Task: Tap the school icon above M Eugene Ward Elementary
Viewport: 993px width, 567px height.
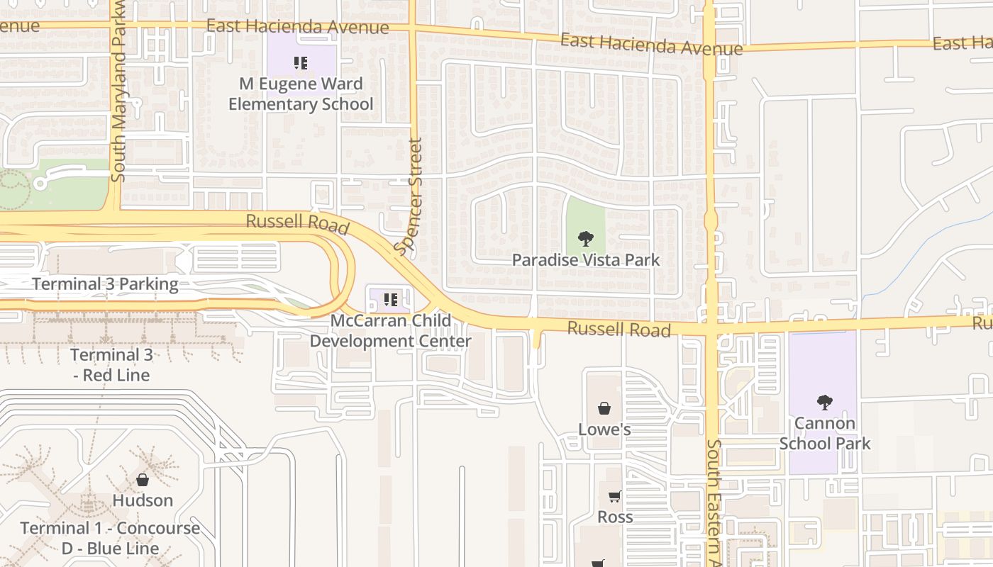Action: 301,63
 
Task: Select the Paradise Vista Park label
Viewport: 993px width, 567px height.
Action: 586,260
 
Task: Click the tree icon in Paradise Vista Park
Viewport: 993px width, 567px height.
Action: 585,239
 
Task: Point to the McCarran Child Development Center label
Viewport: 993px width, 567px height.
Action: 391,331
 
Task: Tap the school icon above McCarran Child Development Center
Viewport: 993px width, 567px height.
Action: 390,300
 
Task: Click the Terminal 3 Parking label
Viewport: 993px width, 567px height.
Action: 105,284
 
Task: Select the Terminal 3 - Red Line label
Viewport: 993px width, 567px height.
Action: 111,365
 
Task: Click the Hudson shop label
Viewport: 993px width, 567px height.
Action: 143,500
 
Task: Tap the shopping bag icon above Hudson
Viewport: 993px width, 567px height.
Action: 143,480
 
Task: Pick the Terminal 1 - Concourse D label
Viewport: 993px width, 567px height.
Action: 110,538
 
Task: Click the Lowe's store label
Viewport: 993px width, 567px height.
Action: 604,430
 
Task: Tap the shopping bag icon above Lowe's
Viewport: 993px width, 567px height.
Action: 604,408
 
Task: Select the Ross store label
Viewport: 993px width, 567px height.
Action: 615,517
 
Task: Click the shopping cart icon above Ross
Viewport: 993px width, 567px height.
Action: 615,496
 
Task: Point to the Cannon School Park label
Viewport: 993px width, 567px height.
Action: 824,434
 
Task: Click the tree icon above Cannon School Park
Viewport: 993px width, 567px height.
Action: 824,403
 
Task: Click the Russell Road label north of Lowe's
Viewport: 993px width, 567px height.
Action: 619,330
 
